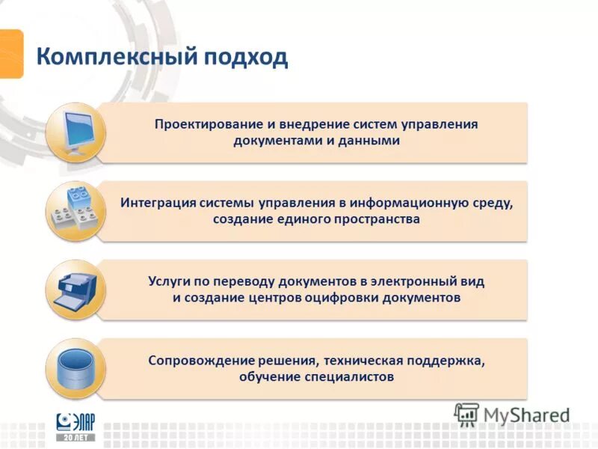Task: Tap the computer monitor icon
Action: point(75,132)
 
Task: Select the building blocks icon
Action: point(75,211)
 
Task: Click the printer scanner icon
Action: point(75,290)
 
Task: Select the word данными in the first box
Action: point(369,141)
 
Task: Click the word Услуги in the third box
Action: point(170,281)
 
